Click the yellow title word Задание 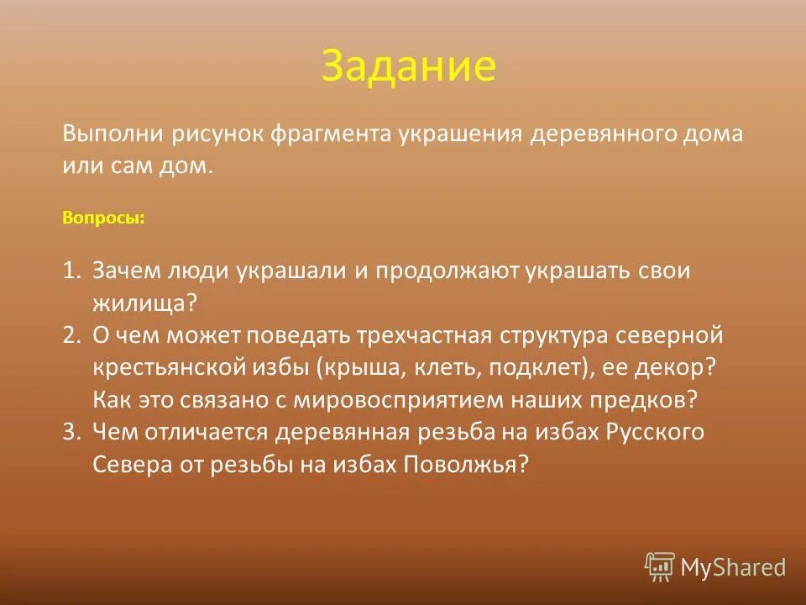click(x=408, y=67)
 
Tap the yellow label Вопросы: click(x=103, y=218)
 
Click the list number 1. click(x=71, y=271)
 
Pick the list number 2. click(x=71, y=336)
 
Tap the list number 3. click(x=71, y=433)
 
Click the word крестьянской click(x=169, y=368)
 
